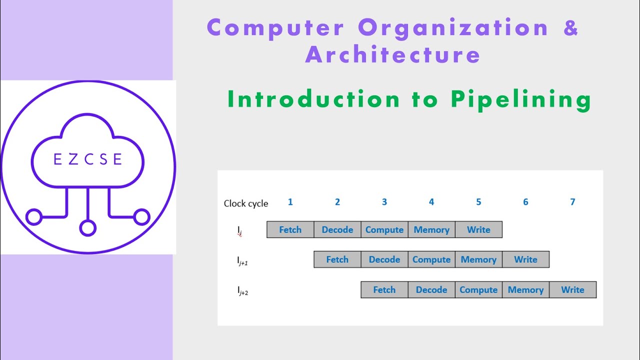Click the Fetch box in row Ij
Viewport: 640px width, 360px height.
coord(290,230)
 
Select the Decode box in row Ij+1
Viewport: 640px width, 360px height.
coord(384,259)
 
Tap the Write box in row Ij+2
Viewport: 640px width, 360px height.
coord(572,290)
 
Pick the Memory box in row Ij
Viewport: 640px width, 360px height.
coord(431,230)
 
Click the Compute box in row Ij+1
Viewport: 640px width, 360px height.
coord(431,259)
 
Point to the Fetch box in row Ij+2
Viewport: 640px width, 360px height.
coord(384,290)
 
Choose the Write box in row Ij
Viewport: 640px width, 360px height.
coord(478,230)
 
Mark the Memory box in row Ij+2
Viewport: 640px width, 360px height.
coord(525,290)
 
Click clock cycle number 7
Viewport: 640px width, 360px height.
coord(572,202)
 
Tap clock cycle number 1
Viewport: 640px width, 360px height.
coord(290,202)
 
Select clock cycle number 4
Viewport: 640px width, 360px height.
coord(431,202)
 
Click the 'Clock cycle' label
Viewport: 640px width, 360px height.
coord(246,203)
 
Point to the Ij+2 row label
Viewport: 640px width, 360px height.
coord(242,290)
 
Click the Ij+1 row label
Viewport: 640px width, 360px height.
coord(242,260)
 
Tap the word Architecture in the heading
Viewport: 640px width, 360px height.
coord(392,54)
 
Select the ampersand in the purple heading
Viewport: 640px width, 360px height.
coord(570,27)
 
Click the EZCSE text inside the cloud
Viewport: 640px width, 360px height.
coord(88,159)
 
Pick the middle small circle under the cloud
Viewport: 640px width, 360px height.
coord(88,228)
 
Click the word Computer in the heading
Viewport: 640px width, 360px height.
coord(275,27)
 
